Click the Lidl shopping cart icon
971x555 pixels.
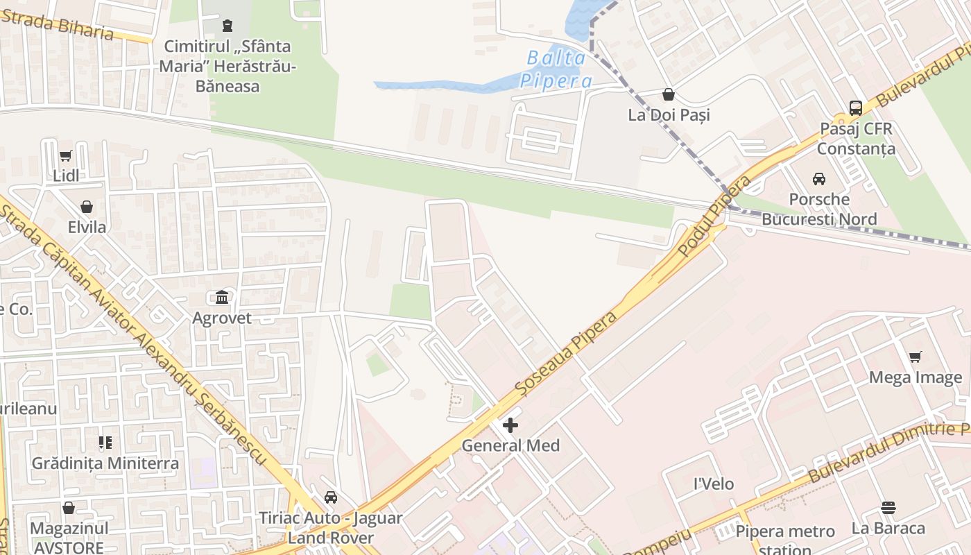(x=66, y=156)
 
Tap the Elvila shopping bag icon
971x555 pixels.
(x=87, y=207)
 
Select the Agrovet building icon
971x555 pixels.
(x=222, y=298)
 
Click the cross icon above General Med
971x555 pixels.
(x=510, y=425)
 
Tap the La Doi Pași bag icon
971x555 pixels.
(x=669, y=94)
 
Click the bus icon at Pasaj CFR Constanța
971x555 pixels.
(x=856, y=108)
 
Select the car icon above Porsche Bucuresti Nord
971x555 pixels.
(x=819, y=179)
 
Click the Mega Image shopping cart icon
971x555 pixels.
(x=916, y=357)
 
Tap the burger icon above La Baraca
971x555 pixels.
(x=888, y=508)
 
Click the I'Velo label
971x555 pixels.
(x=714, y=484)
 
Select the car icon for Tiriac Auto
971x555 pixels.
(x=331, y=497)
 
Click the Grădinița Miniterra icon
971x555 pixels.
(x=105, y=443)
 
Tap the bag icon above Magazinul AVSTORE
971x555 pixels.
(x=69, y=508)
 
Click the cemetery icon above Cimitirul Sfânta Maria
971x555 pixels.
(x=227, y=26)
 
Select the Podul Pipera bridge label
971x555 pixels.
(x=715, y=216)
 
